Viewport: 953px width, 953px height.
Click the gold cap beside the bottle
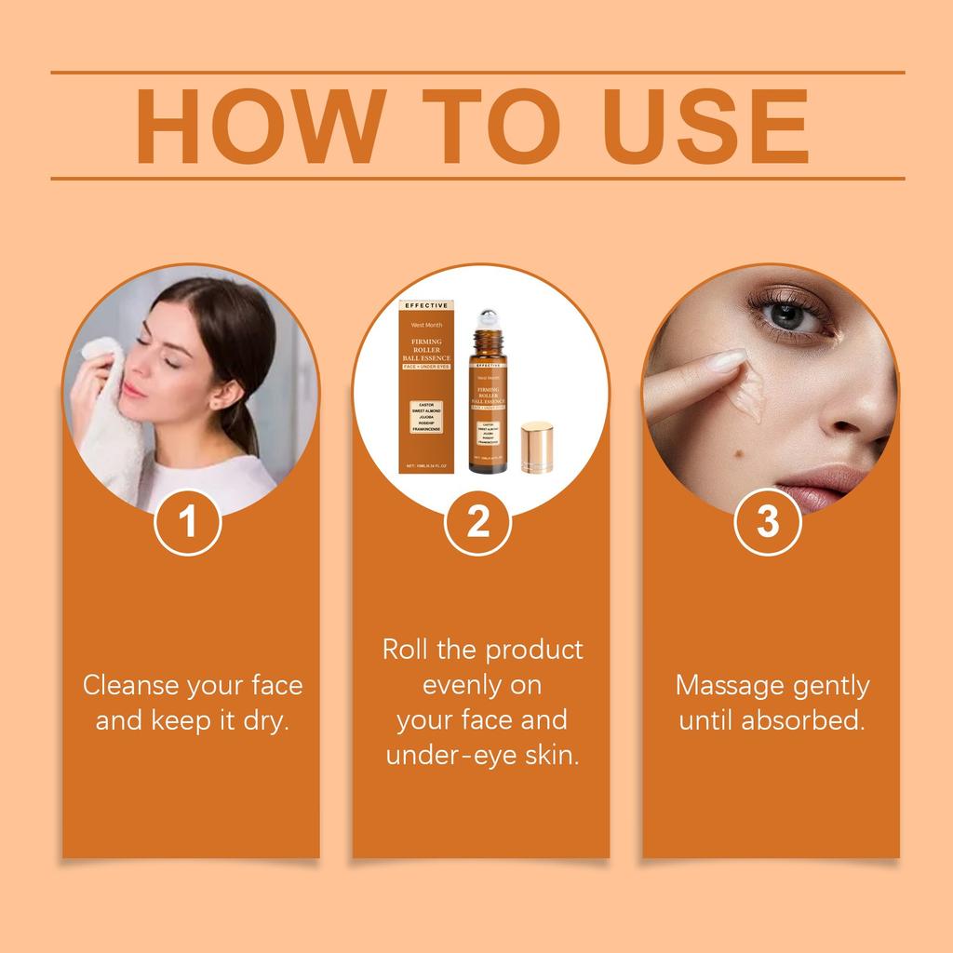pos(537,448)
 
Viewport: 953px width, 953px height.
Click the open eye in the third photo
pos(786,315)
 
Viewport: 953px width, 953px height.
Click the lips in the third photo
pos(819,486)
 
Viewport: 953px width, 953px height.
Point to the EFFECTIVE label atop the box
pos(426,304)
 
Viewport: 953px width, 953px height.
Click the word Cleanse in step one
pos(131,686)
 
